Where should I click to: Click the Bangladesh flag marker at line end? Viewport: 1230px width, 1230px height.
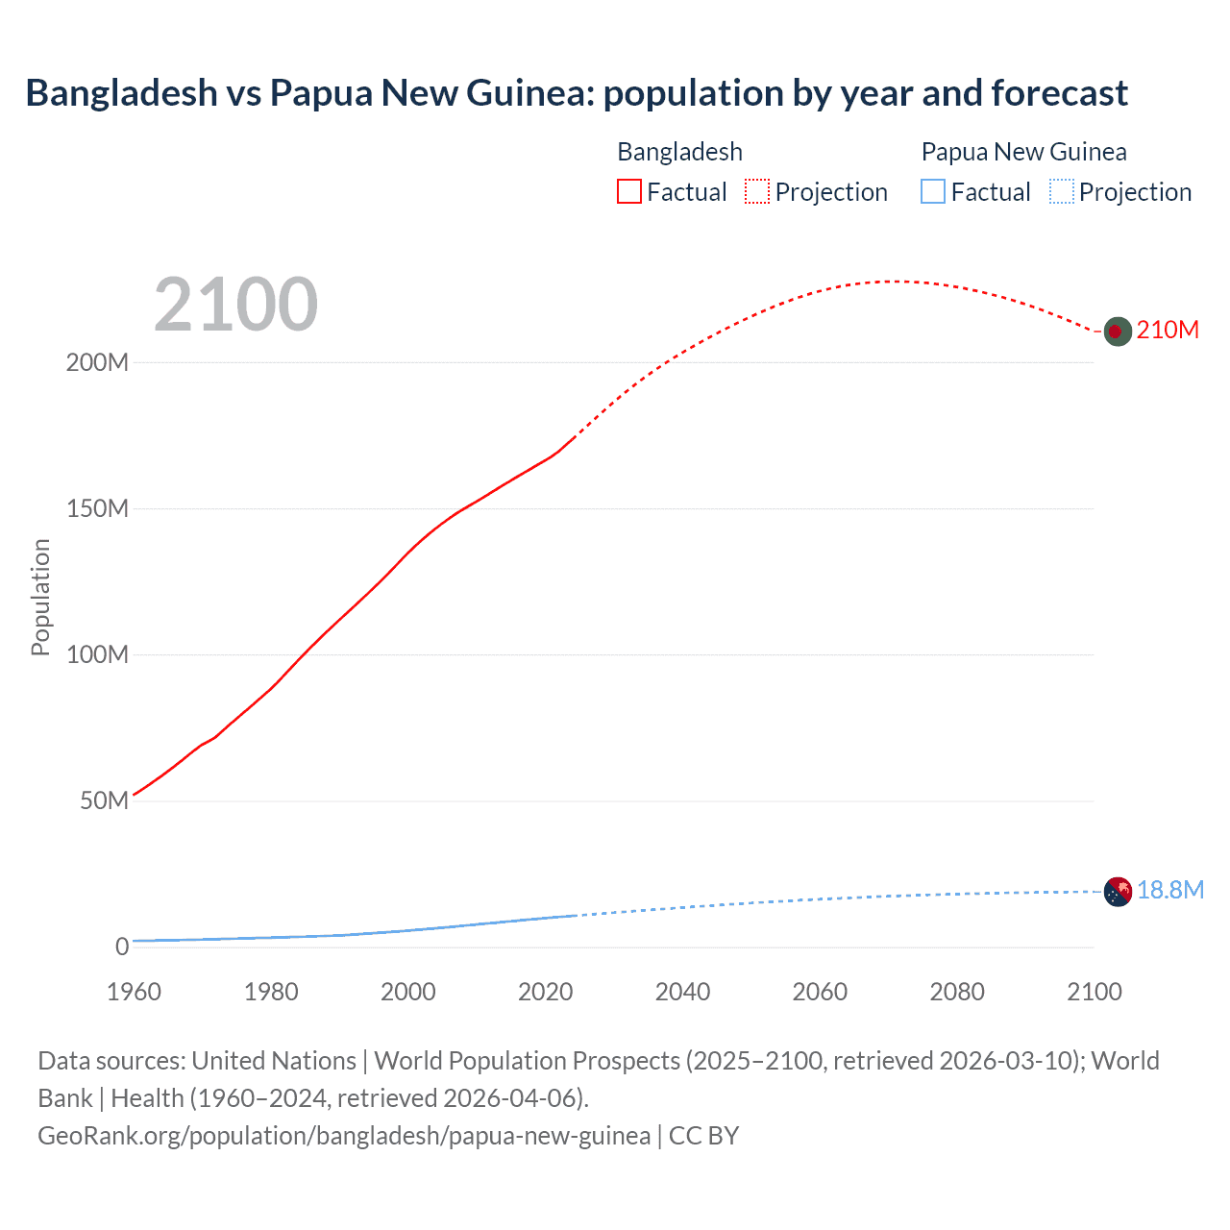1117,332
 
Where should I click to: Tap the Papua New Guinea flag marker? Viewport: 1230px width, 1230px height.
1118,892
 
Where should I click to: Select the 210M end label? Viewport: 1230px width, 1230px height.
1168,330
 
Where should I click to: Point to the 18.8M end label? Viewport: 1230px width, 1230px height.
1170,890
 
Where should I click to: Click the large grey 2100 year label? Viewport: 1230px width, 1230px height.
235,304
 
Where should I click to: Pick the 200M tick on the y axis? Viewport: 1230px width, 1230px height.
97,363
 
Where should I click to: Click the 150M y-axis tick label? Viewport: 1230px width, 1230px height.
97,509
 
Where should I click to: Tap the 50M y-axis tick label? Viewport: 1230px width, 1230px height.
104,801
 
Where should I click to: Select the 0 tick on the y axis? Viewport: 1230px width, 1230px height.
122,947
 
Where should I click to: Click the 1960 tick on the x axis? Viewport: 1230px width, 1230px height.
134,992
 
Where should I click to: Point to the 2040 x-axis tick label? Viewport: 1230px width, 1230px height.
682,992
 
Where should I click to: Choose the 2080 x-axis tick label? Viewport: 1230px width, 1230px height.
957,992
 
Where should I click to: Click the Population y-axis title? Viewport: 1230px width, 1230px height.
40,597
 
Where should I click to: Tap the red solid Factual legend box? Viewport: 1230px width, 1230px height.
629,192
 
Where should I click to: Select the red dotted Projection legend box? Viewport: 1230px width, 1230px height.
757,192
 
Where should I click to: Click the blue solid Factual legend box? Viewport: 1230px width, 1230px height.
933,192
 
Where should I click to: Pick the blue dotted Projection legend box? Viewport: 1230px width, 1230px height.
1061,192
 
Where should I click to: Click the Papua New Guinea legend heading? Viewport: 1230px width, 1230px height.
1023,152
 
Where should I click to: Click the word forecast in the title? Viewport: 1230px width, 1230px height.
1059,93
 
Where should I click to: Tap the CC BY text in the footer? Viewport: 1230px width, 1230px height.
703,1136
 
